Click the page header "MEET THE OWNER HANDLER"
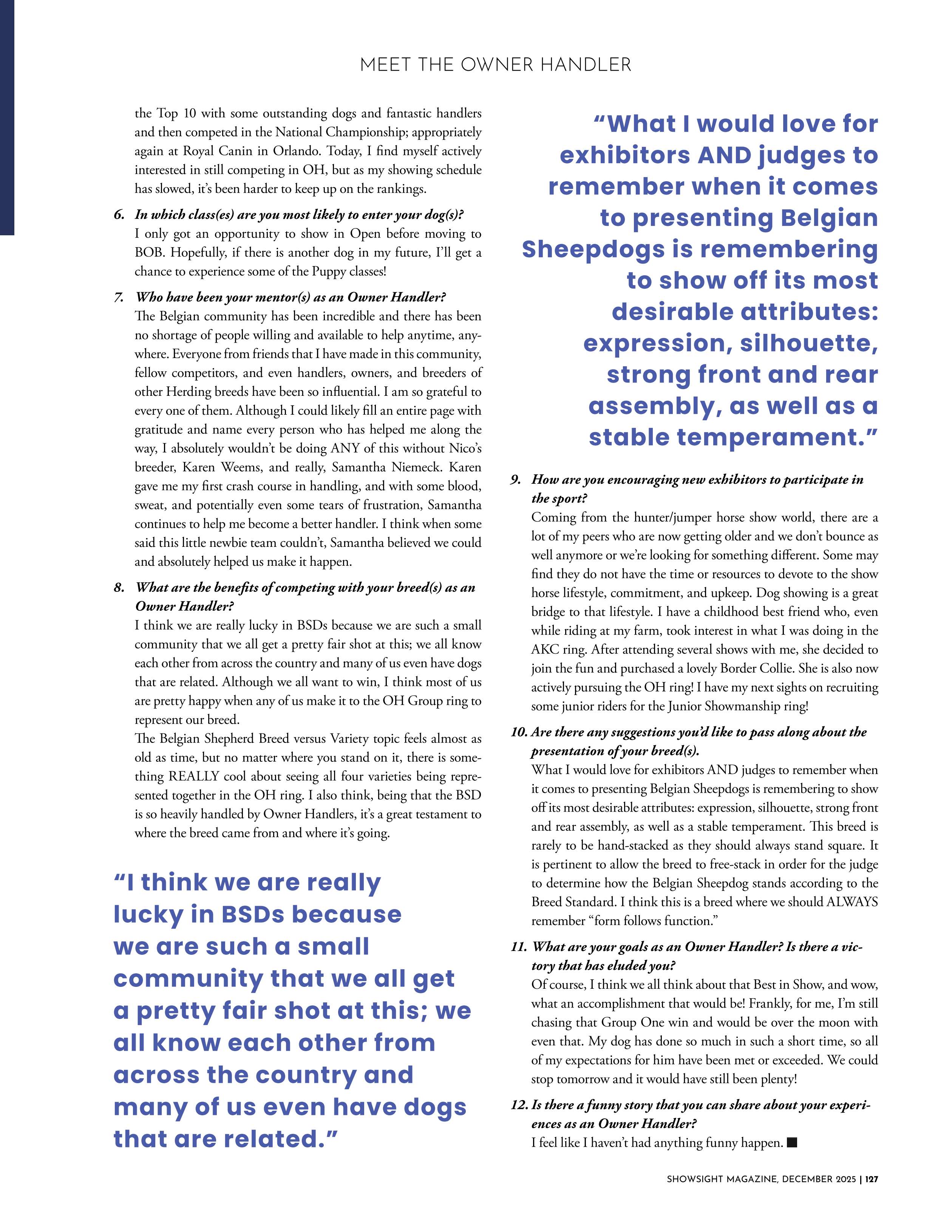point(495,65)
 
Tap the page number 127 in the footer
point(872,1194)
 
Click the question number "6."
point(119,215)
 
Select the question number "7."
point(119,297)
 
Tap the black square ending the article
point(793,1142)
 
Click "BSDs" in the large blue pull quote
point(253,915)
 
